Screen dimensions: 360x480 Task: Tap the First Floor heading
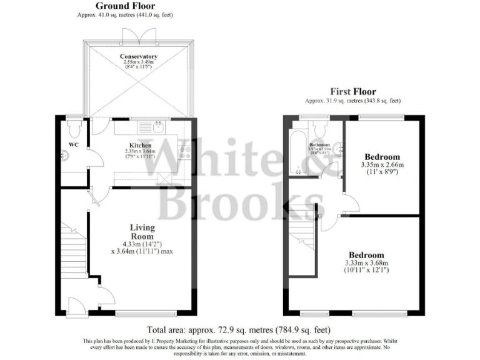point(353,92)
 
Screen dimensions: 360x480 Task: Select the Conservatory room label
point(139,57)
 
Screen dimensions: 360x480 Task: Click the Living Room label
point(142,231)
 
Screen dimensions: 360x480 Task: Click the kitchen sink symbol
point(157,127)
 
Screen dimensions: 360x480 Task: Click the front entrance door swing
point(76,306)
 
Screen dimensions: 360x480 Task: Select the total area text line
point(238,329)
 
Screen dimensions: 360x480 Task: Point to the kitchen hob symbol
point(183,151)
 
